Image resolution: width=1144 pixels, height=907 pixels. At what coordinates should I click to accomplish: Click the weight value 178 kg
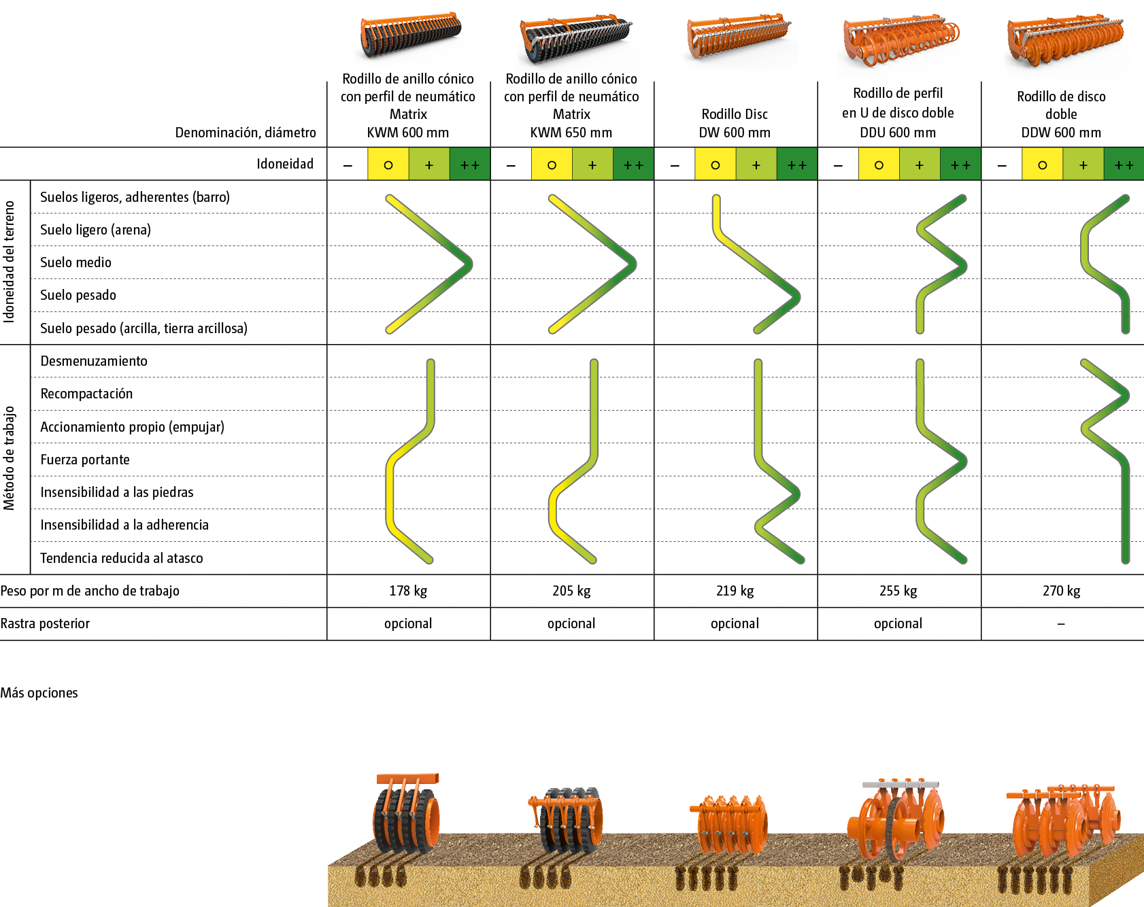[408, 591]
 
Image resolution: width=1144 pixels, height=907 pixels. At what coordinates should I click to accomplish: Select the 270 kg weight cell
[1062, 591]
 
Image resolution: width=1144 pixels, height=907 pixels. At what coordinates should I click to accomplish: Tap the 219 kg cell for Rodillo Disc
[735, 591]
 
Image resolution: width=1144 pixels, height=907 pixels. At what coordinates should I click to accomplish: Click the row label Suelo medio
[75, 262]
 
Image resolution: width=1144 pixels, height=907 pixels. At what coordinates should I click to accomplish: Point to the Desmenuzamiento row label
[94, 361]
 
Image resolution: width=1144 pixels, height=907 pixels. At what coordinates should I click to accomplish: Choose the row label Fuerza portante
[85, 460]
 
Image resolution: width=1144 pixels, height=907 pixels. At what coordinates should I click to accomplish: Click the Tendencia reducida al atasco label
[122, 558]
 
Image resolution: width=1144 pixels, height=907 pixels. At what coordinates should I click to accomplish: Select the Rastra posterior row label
[45, 623]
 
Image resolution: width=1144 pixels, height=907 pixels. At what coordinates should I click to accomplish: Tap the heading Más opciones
[39, 693]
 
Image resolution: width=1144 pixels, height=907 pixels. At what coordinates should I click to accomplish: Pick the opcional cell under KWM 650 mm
[571, 623]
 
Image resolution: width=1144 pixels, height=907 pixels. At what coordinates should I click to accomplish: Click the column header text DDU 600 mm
[898, 133]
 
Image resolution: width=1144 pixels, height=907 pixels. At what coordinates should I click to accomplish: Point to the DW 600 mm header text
[735, 133]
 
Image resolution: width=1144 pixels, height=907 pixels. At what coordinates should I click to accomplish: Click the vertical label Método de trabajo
[9, 458]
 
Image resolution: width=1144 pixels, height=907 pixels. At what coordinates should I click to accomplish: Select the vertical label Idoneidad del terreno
[9, 261]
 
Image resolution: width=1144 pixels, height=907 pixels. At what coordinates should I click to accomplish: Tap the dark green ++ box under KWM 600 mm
[470, 165]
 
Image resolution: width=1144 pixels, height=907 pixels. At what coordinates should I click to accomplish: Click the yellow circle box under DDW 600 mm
[1042, 165]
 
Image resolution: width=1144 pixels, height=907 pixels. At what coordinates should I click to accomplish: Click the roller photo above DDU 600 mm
[901, 44]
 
